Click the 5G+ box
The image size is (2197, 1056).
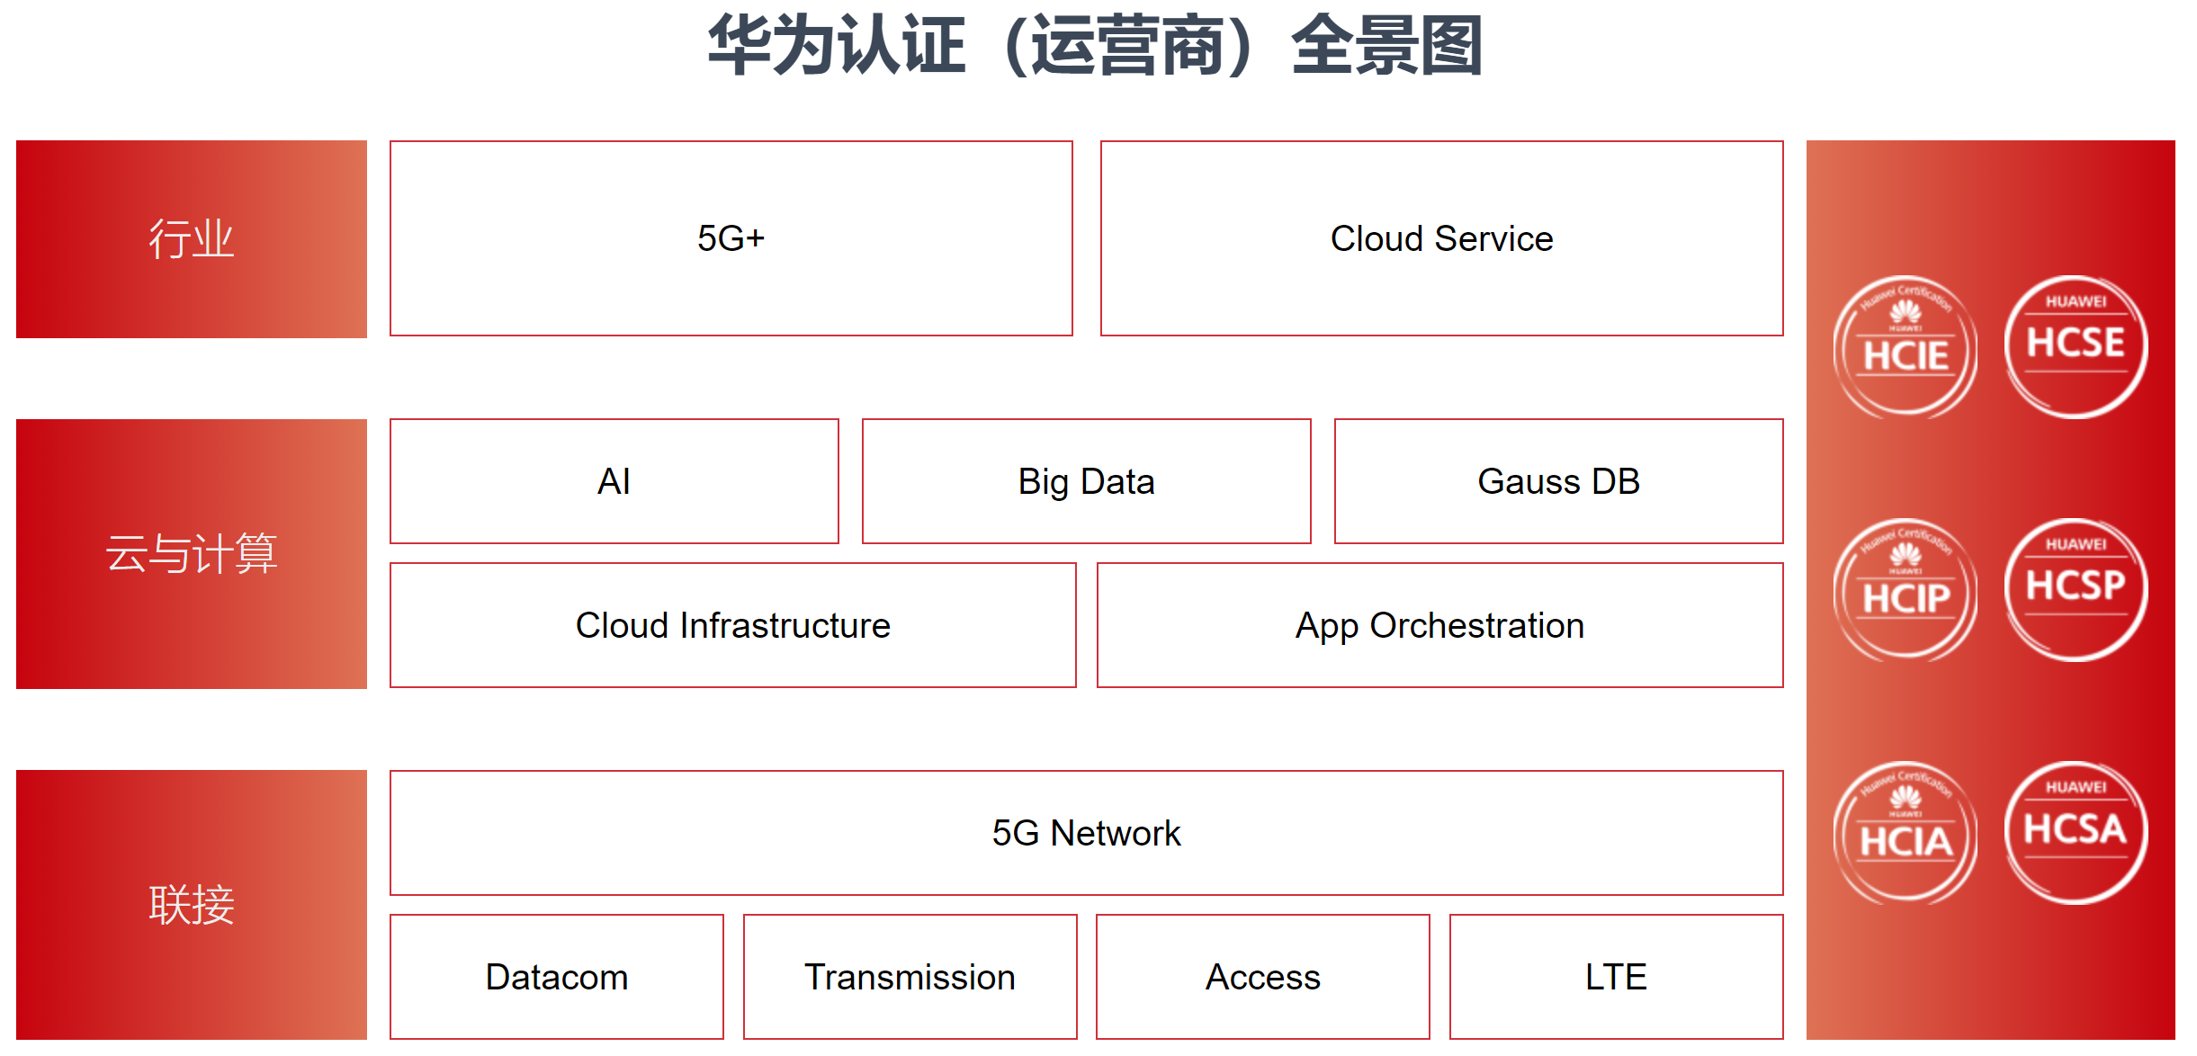coord(731,238)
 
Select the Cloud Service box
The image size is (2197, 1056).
coord(1441,238)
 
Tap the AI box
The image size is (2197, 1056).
coord(614,481)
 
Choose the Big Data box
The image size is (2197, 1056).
coord(1086,481)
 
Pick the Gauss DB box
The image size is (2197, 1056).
coord(1558,481)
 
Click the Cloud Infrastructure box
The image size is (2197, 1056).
coord(732,625)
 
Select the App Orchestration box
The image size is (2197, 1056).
coord(1439,625)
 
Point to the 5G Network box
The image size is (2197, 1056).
coord(1086,833)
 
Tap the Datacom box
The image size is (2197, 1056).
coord(556,977)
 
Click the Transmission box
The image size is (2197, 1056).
coord(910,977)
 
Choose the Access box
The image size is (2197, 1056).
coord(1262,977)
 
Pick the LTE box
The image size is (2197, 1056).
coord(1616,977)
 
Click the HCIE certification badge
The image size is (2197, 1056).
coord(1905,347)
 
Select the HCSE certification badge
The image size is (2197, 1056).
coord(2076,347)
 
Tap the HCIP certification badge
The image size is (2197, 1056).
coord(1905,590)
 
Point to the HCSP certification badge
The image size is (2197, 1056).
coord(2076,590)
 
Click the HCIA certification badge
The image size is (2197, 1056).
coord(1905,833)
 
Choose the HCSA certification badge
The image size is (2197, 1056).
coord(2076,833)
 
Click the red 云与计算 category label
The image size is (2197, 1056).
coord(191,553)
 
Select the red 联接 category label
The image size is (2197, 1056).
coord(191,904)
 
